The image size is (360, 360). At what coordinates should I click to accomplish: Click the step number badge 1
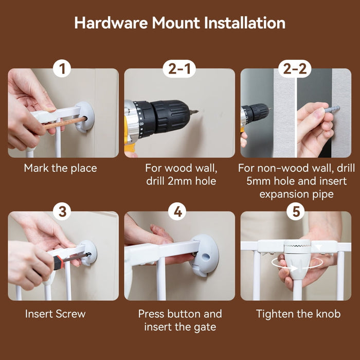click(x=62, y=68)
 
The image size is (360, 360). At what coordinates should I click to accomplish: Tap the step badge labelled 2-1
click(x=179, y=68)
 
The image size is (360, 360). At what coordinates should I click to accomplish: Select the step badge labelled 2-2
click(x=295, y=68)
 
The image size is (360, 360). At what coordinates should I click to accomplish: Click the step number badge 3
click(x=62, y=211)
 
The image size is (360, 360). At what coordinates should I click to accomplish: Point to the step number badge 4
click(x=178, y=211)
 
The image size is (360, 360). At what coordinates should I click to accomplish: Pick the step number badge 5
click(x=296, y=211)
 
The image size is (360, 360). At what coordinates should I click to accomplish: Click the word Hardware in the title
click(x=111, y=23)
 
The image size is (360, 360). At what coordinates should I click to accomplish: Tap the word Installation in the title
click(x=245, y=23)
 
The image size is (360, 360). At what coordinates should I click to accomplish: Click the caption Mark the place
click(x=60, y=168)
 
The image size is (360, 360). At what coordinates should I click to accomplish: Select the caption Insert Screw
click(x=56, y=314)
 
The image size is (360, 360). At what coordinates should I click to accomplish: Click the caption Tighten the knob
click(x=298, y=314)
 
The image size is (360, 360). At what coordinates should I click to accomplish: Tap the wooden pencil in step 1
click(x=65, y=123)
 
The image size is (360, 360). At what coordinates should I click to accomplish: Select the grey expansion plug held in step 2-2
click(x=332, y=109)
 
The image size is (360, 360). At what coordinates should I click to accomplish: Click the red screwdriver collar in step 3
click(x=59, y=262)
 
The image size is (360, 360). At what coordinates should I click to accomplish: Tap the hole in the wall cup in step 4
click(x=206, y=257)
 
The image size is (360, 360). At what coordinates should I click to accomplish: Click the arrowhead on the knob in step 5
click(x=295, y=268)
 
